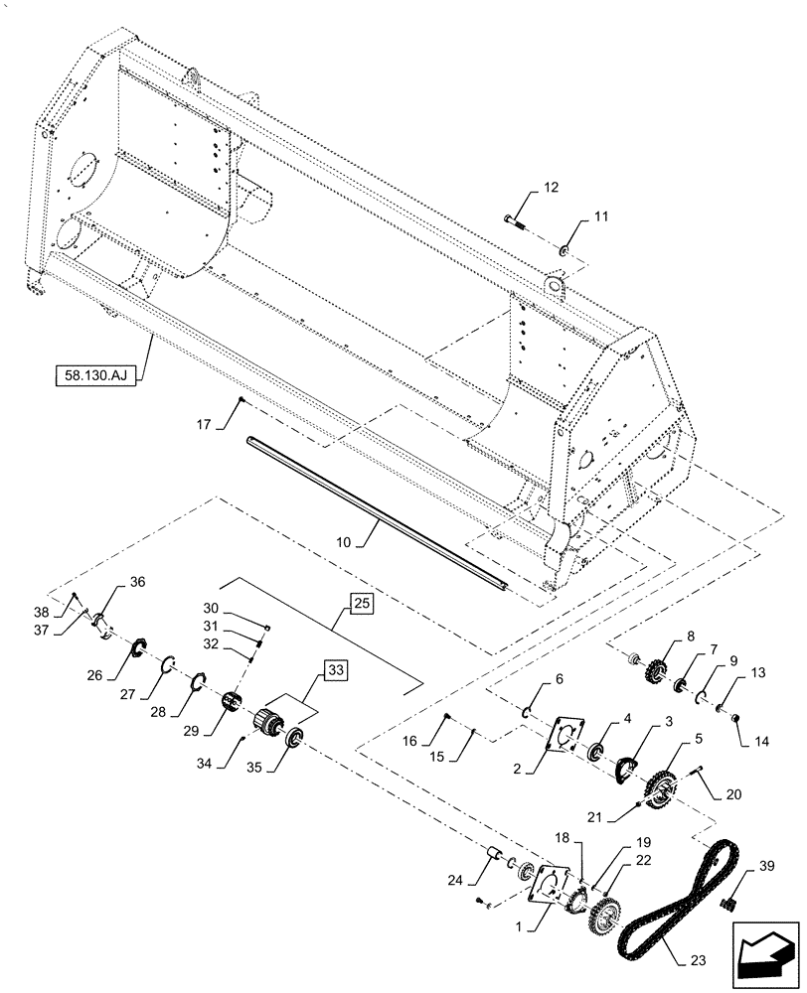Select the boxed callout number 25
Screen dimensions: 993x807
click(x=361, y=602)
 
